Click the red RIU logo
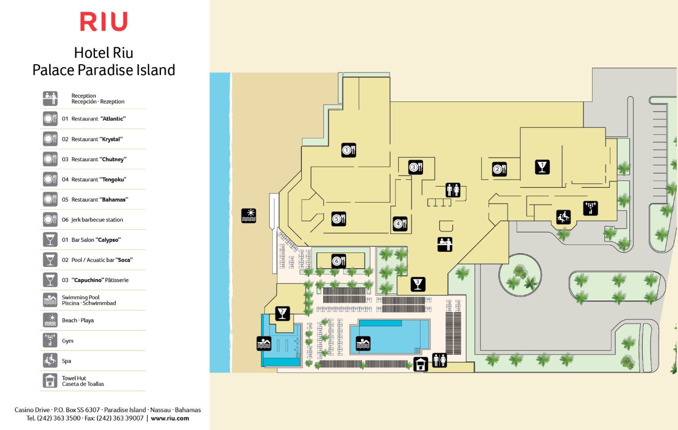tap(103, 22)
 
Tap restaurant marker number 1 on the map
tap(348, 150)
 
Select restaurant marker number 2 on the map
tap(500, 169)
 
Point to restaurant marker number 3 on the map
tap(416, 168)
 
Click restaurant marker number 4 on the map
tap(400, 224)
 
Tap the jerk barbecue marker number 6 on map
tap(339, 261)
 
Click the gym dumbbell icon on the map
tap(591, 208)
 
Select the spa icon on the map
tap(563, 217)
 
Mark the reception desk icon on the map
tap(445, 244)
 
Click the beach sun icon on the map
tap(249, 215)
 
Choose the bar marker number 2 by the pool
tap(282, 314)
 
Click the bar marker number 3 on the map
tap(418, 284)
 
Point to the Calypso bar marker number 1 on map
tap(542, 167)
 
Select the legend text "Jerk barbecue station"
tap(92, 219)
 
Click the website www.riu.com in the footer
tap(169, 419)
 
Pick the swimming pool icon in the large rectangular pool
tap(363, 343)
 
